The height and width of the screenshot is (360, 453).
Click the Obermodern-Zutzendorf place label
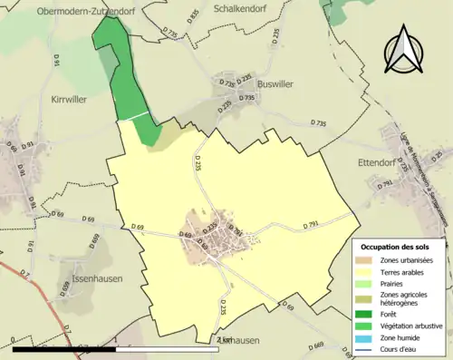click(79, 12)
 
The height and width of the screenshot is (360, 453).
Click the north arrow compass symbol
click(405, 51)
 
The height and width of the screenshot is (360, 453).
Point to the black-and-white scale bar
click(118, 346)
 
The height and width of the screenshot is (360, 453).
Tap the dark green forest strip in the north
click(120, 73)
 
